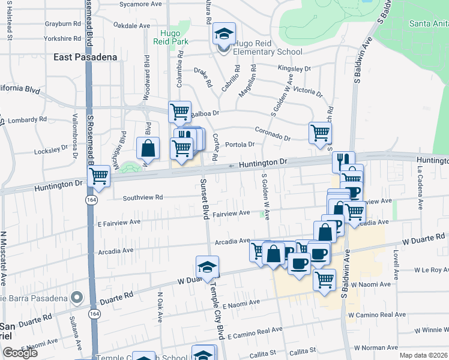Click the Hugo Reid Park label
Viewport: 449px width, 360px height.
pyautogui.click(x=175, y=37)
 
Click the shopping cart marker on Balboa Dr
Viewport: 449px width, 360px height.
pyautogui.click(x=179, y=111)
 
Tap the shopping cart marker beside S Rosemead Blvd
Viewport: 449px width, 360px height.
pyautogui.click(x=98, y=176)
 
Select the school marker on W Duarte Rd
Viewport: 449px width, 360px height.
pyautogui.click(x=207, y=267)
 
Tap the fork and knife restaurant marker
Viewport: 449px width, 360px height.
pyautogui.click(x=343, y=161)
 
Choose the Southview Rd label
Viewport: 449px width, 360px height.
pyautogui.click(x=142, y=197)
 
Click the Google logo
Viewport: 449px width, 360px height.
pyautogui.click(x=20, y=353)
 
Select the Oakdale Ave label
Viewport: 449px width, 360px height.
pyautogui.click(x=131, y=26)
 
